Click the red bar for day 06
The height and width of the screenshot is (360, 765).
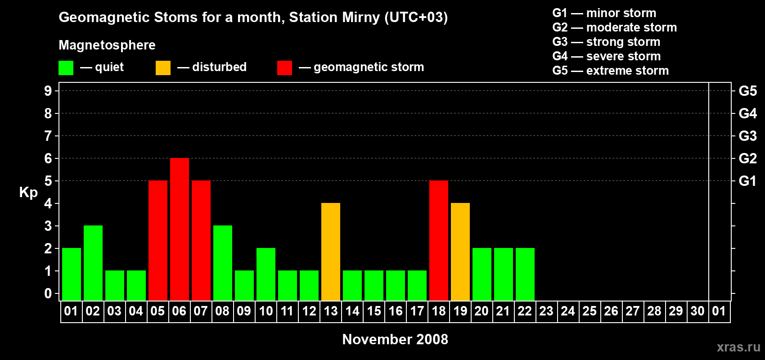click(180, 229)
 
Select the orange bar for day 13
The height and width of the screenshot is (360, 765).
click(331, 252)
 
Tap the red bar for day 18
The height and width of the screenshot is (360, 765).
click(439, 240)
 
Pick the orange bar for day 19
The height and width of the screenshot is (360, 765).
click(460, 252)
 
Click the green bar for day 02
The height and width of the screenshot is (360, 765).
click(93, 263)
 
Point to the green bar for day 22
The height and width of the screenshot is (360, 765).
click(525, 274)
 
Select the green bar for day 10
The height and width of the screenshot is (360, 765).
click(266, 274)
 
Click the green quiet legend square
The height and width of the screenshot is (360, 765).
click(66, 68)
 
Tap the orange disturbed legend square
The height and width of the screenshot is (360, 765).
click(163, 68)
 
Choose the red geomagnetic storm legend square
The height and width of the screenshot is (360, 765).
click(284, 68)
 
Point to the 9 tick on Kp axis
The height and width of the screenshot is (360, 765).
click(48, 91)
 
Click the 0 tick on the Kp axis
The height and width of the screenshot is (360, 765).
click(48, 294)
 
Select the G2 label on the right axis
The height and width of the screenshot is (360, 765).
click(747, 158)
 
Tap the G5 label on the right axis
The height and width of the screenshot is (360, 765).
click(747, 91)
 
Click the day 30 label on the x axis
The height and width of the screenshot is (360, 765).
click(697, 311)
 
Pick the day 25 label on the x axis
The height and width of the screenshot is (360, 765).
click(589, 311)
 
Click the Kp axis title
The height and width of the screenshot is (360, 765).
click(28, 193)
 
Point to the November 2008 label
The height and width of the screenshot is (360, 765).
click(395, 339)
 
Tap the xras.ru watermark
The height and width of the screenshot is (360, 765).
click(738, 347)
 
